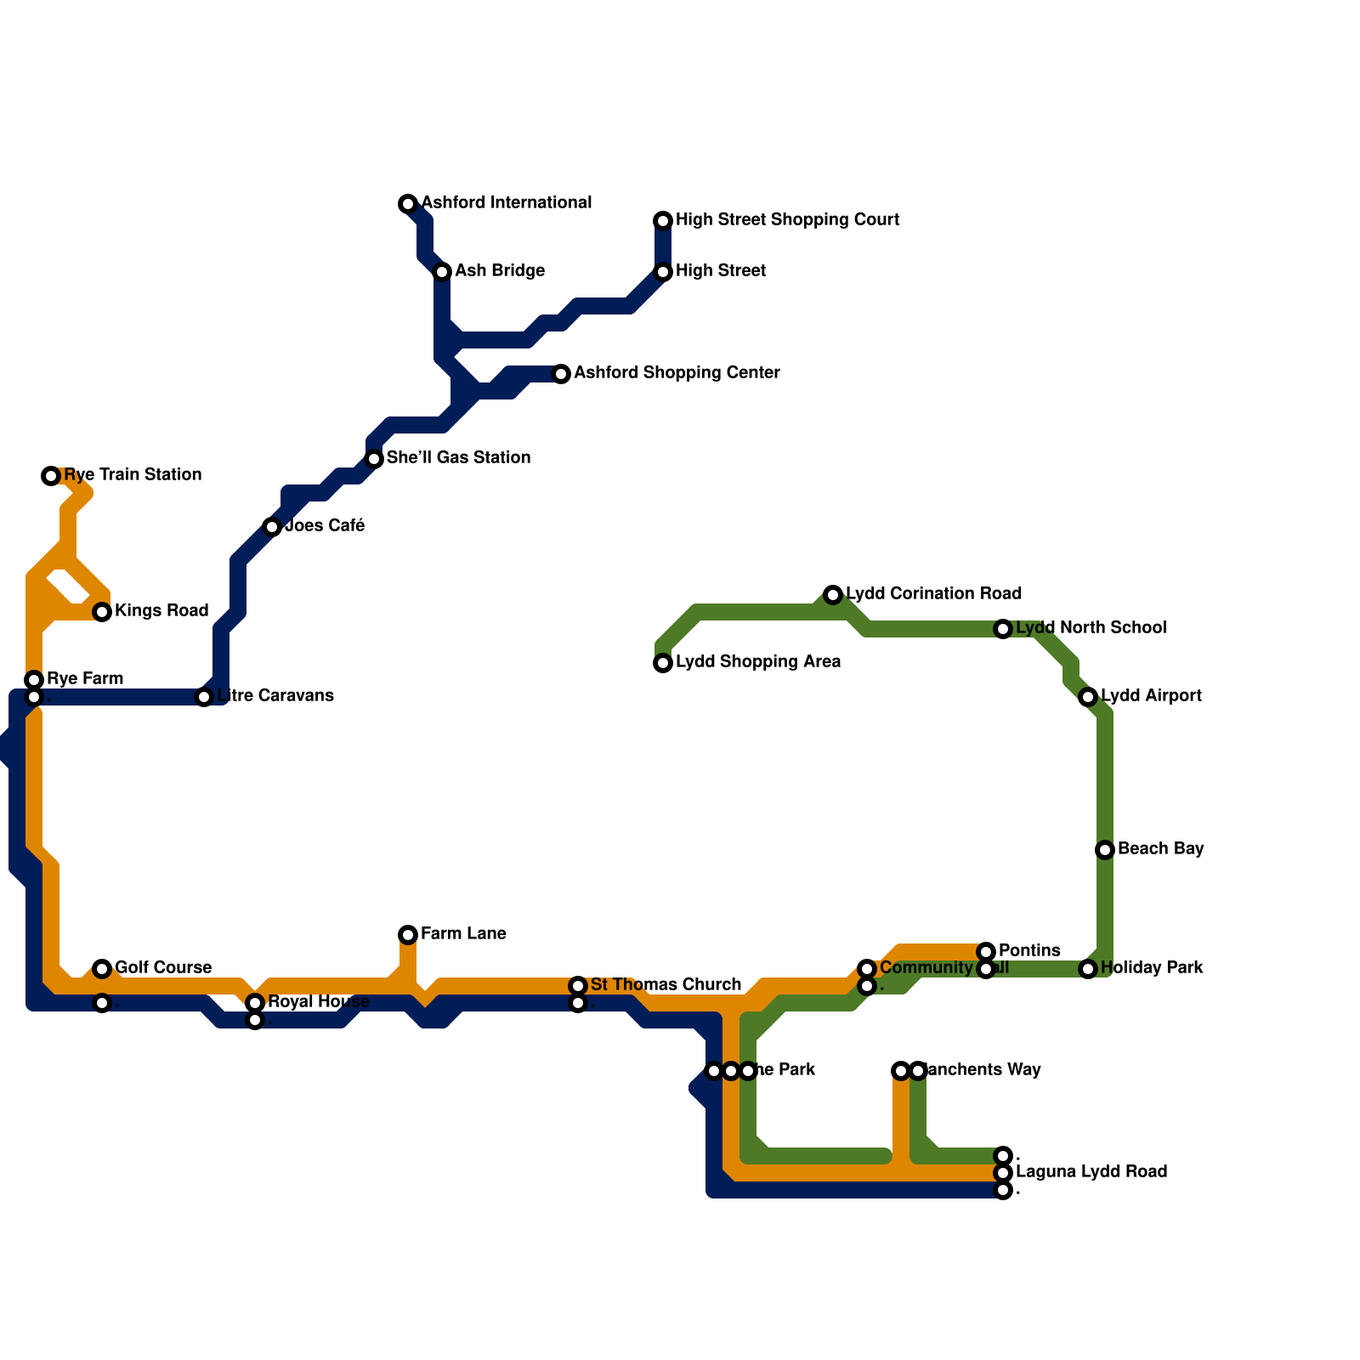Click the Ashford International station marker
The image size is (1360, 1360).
point(408,204)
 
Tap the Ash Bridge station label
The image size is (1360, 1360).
point(499,271)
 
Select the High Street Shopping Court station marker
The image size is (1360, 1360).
point(663,221)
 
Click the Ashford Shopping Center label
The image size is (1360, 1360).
point(677,373)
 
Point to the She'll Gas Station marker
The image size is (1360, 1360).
point(374,459)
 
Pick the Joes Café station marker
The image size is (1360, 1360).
point(272,527)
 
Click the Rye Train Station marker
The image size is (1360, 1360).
point(51,476)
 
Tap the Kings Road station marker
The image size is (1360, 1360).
point(102,612)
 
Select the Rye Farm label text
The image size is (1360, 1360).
point(85,679)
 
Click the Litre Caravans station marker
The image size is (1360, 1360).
point(204,697)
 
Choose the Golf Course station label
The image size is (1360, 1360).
point(163,968)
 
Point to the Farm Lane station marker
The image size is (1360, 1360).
point(408,935)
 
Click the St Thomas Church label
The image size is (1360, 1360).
point(666,985)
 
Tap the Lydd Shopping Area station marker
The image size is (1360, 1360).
point(663,663)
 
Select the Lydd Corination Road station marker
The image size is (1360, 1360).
point(833,595)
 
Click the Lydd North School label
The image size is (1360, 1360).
point(1091,628)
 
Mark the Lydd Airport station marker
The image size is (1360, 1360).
point(1088,697)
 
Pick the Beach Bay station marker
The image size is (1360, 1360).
point(1105,850)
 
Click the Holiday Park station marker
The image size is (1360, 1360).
point(1088,969)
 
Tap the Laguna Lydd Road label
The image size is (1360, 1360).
point(1091,1172)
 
